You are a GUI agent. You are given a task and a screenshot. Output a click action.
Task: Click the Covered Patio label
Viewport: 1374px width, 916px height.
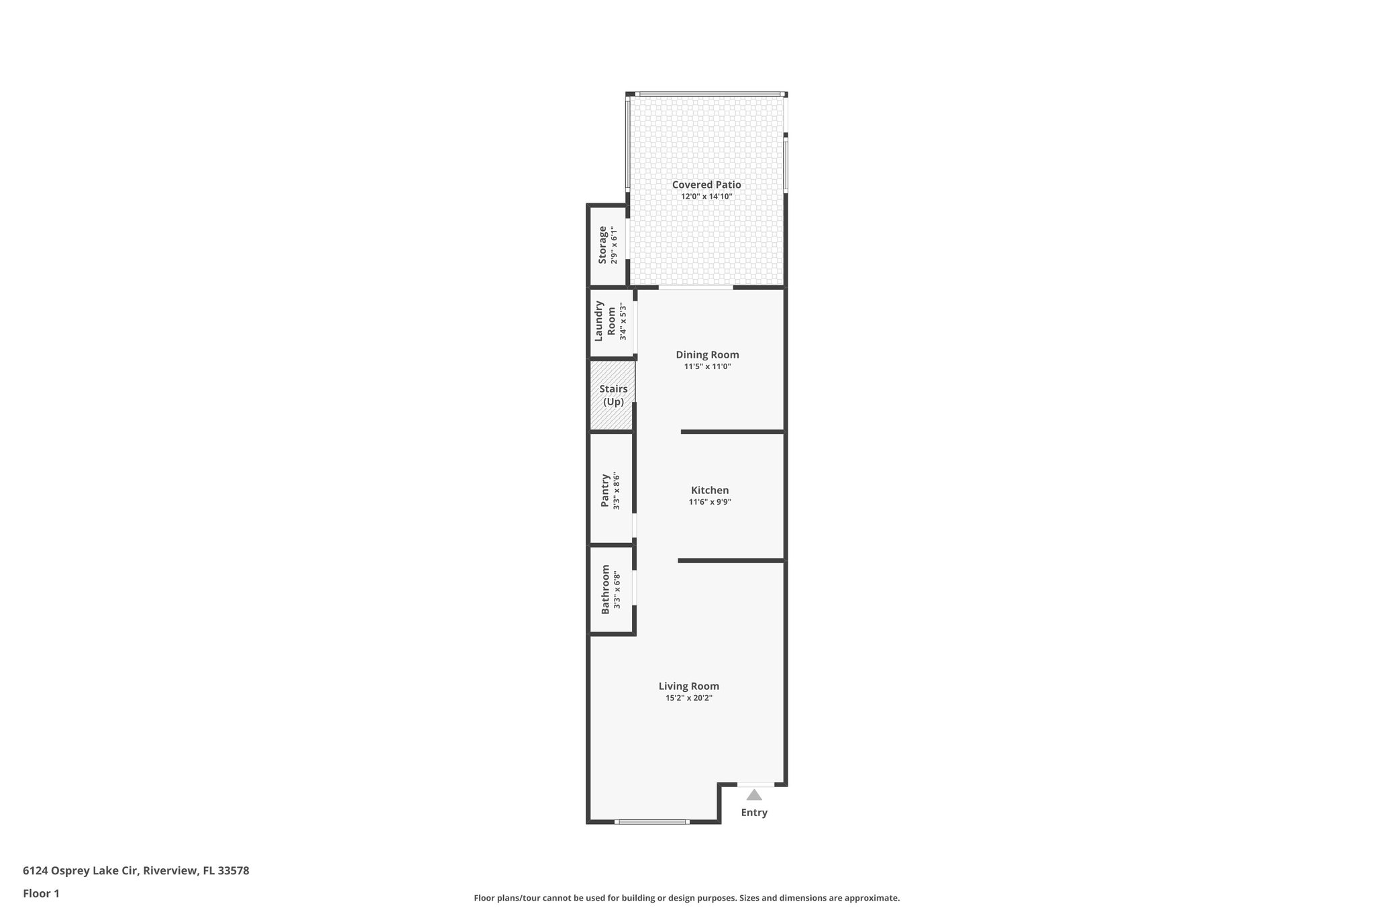pyautogui.click(x=706, y=185)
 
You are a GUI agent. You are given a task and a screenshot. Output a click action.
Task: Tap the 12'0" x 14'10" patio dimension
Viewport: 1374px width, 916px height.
pyautogui.click(x=706, y=197)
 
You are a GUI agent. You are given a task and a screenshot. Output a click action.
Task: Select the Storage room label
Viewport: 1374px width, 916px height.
pyautogui.click(x=602, y=245)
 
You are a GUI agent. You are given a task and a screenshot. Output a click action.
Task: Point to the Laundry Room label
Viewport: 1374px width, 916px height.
pyautogui.click(x=605, y=321)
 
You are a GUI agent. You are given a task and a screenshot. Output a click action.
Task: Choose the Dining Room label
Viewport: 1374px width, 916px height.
pyautogui.click(x=707, y=355)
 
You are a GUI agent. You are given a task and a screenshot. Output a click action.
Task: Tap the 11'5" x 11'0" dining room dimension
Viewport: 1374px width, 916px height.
pyautogui.click(x=707, y=367)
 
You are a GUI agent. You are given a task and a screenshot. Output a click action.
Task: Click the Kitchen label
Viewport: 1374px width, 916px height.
pyautogui.click(x=710, y=491)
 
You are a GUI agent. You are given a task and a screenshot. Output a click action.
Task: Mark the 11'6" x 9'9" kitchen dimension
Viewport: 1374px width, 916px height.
pyautogui.click(x=710, y=502)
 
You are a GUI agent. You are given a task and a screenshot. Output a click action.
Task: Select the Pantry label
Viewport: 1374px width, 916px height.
pyautogui.click(x=604, y=491)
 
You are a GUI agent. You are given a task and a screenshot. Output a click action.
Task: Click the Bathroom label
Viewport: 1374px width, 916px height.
pyautogui.click(x=605, y=589)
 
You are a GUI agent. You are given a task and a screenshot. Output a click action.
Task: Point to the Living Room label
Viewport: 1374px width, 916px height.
pyautogui.click(x=688, y=686)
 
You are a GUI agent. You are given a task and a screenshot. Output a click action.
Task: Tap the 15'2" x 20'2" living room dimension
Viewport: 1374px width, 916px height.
pyautogui.click(x=688, y=698)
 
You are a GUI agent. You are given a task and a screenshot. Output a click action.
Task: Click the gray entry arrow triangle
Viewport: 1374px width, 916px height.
pyautogui.click(x=754, y=795)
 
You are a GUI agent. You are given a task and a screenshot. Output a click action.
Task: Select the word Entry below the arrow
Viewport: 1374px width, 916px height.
pyautogui.click(x=754, y=813)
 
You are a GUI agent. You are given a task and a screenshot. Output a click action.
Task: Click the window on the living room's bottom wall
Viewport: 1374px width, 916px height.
pyautogui.click(x=652, y=821)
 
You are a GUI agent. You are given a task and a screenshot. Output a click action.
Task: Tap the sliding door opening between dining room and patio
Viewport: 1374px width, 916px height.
pyautogui.click(x=695, y=288)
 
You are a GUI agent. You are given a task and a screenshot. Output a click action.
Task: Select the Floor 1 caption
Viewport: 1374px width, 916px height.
pyautogui.click(x=41, y=894)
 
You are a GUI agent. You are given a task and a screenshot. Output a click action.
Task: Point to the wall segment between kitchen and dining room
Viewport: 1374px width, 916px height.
pyautogui.click(x=733, y=432)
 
